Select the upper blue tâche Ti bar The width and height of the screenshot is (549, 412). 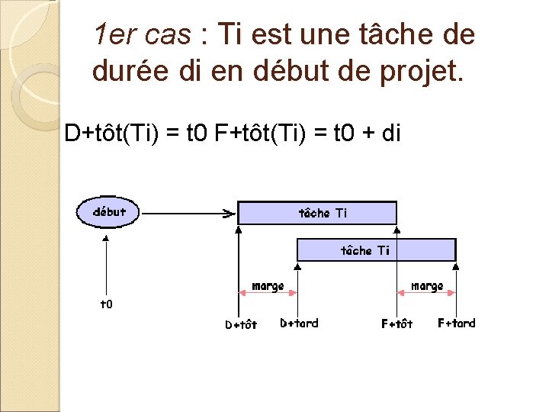click(317, 213)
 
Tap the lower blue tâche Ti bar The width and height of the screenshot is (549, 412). click(376, 250)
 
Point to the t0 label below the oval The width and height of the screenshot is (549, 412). click(107, 304)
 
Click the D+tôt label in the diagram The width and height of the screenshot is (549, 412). click(241, 324)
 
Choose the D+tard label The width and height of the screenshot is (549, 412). click(299, 323)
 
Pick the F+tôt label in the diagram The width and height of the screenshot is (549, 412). click(396, 323)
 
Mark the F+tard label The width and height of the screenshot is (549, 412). click(456, 323)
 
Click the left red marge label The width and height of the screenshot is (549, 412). click(268, 286)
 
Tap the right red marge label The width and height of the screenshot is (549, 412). click(427, 286)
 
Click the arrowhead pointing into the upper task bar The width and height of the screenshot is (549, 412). click(228, 214)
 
